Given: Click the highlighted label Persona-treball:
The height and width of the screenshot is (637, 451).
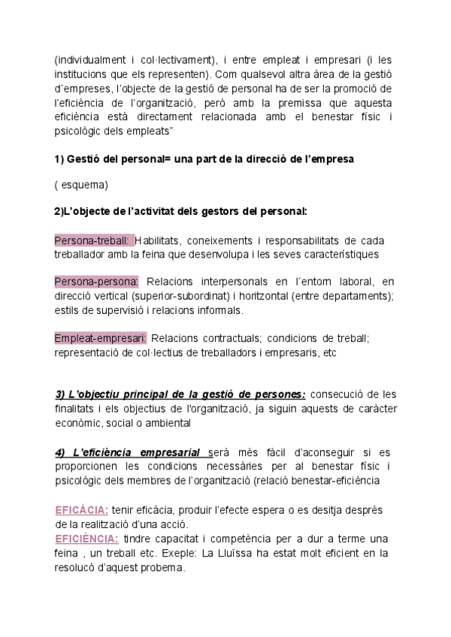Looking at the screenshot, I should [x=93, y=240].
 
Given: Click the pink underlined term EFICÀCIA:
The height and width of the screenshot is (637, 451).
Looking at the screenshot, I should [x=82, y=510].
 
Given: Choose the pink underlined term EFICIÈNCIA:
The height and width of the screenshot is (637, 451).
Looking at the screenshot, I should [x=86, y=539].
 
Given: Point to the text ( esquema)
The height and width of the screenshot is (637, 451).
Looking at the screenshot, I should [x=81, y=185].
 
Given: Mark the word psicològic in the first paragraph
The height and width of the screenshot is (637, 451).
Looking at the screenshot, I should [x=78, y=130].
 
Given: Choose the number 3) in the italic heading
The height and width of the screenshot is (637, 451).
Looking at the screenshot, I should [x=60, y=394].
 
